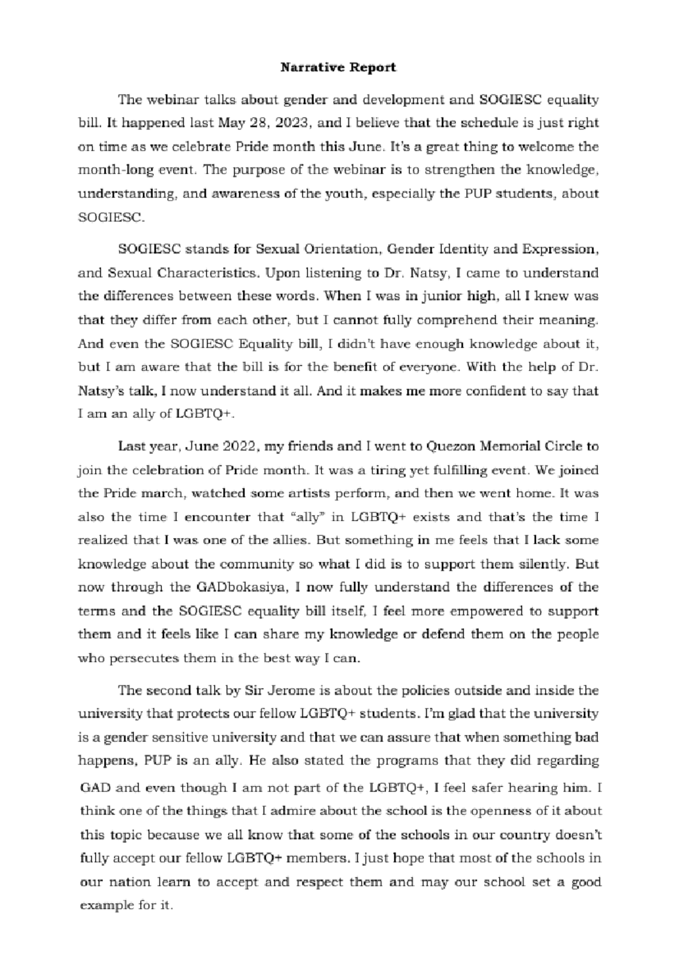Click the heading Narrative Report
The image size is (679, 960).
click(x=339, y=68)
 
